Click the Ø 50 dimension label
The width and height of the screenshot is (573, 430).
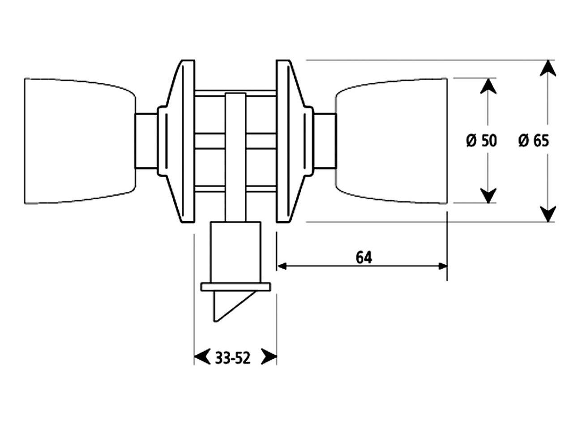pyautogui.click(x=481, y=141)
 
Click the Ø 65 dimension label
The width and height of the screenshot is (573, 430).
pyautogui.click(x=533, y=141)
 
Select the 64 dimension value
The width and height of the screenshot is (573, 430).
pyautogui.click(x=364, y=258)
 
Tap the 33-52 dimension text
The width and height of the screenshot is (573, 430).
pyautogui.click(x=232, y=358)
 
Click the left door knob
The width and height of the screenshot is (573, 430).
pyautogui.click(x=78, y=141)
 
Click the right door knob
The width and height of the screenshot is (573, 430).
pyautogui.click(x=392, y=141)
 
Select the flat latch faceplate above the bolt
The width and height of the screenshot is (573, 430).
pyautogui.click(x=235, y=287)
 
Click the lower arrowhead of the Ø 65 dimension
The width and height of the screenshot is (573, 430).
pyautogui.click(x=548, y=213)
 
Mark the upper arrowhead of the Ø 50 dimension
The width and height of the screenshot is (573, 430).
pyautogui.click(x=488, y=86)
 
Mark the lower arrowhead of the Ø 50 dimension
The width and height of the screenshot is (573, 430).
pyautogui.click(x=488, y=195)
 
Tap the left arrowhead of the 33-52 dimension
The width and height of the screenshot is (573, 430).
pyautogui.click(x=201, y=357)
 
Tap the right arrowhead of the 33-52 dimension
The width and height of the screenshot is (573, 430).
pyautogui.click(x=268, y=357)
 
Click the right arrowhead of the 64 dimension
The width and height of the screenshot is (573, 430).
pyautogui.click(x=442, y=266)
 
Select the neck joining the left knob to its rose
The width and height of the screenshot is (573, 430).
pyautogui.click(x=146, y=141)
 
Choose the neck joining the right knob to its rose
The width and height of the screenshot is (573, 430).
pyautogui.click(x=325, y=141)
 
